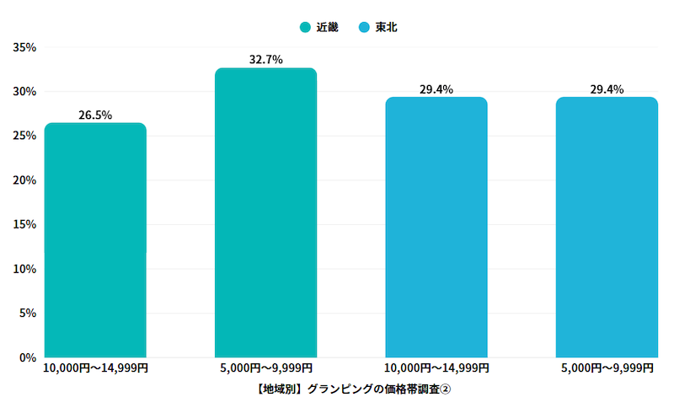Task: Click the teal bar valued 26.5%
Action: tap(95, 240)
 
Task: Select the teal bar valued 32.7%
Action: tap(265, 212)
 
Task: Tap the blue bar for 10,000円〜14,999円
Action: tap(436, 227)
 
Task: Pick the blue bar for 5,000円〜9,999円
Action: tap(607, 227)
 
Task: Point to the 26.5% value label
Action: tap(95, 115)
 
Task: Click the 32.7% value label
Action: tap(265, 60)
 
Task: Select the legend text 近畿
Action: tap(327, 27)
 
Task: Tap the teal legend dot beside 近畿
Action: tap(305, 28)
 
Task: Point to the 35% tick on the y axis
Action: tap(24, 47)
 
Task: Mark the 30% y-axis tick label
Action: tap(24, 92)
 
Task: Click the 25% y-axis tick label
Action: tap(24, 136)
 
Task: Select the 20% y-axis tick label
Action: tap(24, 180)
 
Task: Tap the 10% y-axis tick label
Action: tap(24, 269)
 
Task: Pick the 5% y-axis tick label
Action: tap(27, 314)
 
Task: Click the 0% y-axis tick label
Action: tap(27, 357)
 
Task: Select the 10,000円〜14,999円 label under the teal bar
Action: tap(95, 368)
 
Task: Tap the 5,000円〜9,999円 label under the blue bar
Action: tap(607, 368)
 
